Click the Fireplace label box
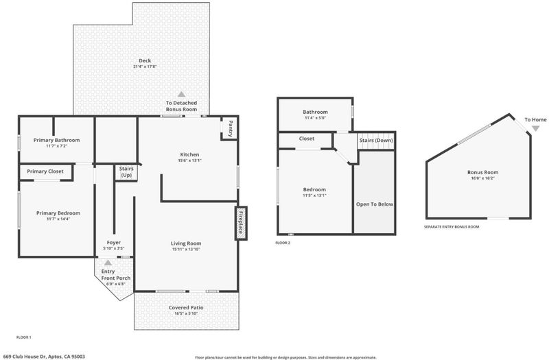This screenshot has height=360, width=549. coord(241,224)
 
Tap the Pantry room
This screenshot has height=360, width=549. coord(230,128)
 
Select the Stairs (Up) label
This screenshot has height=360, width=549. coord(126,172)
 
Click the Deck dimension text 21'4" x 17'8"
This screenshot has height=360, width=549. coord(145,67)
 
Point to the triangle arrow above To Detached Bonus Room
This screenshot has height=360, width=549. coord(181,94)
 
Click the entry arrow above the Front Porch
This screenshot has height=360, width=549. coord(108,263)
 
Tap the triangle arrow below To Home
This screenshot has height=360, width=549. coord(535,128)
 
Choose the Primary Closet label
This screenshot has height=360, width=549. coord(45,171)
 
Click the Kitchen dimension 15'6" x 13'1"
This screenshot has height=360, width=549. coord(189,160)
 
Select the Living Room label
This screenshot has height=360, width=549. coord(186,243)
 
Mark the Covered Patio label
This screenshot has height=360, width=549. coord(186,307)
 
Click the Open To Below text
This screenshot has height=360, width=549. coord(374,204)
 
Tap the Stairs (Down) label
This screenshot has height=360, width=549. coord(376,141)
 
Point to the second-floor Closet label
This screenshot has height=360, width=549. coord(306,139)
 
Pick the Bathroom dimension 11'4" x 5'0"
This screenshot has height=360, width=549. coord(315,118)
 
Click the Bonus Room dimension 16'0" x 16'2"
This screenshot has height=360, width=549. coord(482,178)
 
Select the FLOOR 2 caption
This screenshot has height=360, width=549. coord(283,243)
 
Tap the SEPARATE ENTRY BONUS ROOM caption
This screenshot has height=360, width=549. coord(452,227)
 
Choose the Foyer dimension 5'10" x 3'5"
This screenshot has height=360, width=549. coord(113,248)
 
